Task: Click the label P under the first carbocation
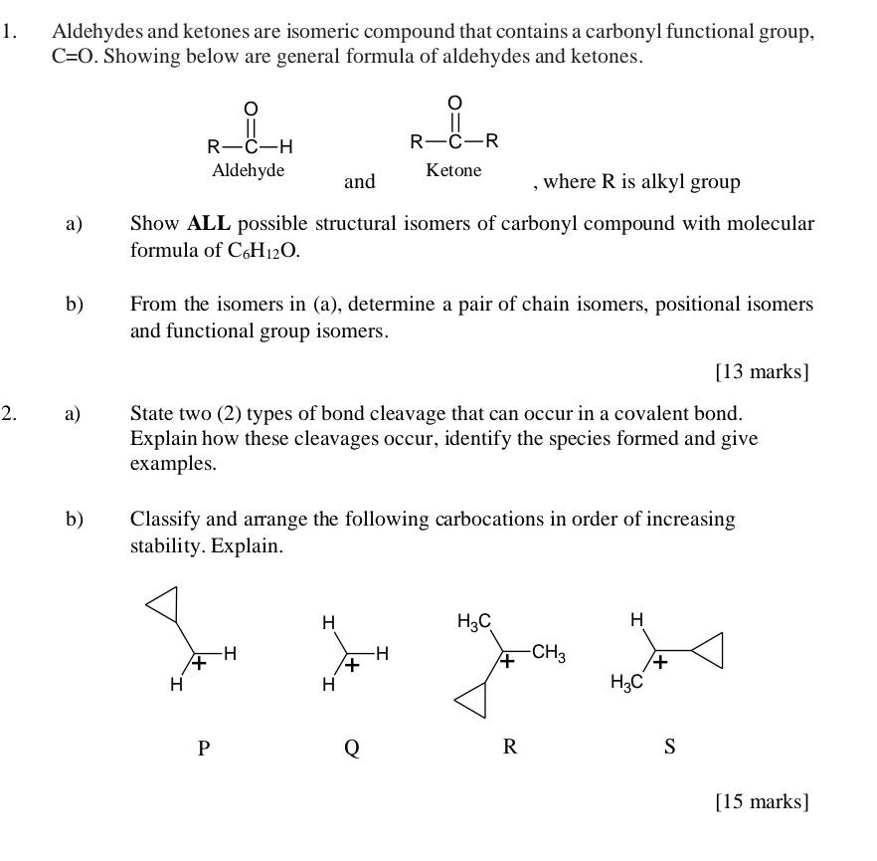pyautogui.click(x=204, y=749)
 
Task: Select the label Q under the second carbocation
pyautogui.click(x=351, y=749)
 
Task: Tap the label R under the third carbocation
pyautogui.click(x=510, y=747)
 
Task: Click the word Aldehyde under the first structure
pyautogui.click(x=249, y=170)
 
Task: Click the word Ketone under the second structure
pyautogui.click(x=453, y=170)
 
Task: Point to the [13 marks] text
pyautogui.click(x=762, y=371)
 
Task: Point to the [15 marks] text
pyautogui.click(x=762, y=801)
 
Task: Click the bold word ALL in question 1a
pyautogui.click(x=208, y=224)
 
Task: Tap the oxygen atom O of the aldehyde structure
pyautogui.click(x=251, y=108)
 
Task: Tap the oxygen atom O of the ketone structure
pyautogui.click(x=454, y=103)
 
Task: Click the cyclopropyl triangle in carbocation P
pyautogui.click(x=165, y=602)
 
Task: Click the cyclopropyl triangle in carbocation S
pyautogui.click(x=706, y=651)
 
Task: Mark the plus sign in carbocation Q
pyautogui.click(x=351, y=666)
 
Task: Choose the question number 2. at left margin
pyautogui.click(x=9, y=413)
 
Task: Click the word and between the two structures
pyautogui.click(x=360, y=181)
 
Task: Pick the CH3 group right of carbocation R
pyautogui.click(x=549, y=654)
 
